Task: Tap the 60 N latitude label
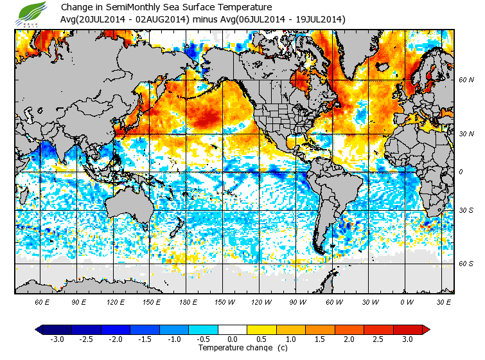[x=466, y=80]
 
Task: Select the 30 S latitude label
[x=466, y=211]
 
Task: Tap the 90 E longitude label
[x=79, y=301]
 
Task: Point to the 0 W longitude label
[x=405, y=301]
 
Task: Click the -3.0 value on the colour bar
[x=57, y=339]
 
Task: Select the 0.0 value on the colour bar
[x=233, y=339]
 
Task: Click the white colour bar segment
[x=233, y=329]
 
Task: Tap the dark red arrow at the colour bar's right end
[x=426, y=329]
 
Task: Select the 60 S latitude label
[x=466, y=264]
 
